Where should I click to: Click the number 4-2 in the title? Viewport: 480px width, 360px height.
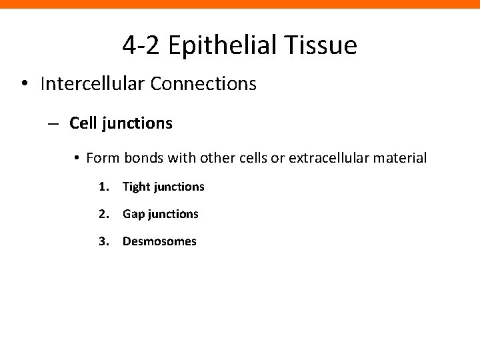141,46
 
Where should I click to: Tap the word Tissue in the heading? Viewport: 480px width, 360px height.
324,46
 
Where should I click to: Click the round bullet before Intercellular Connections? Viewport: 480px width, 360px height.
25,85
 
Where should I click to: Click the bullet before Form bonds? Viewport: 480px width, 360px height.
77,159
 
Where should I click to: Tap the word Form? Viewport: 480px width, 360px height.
101,159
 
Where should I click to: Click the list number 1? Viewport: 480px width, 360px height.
103,187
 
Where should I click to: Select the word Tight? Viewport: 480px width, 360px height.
136,187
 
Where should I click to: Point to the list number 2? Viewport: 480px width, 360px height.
103,214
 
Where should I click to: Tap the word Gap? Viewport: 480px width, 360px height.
133,214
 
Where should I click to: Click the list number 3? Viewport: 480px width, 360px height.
103,241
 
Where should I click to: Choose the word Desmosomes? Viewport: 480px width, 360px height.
159,241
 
